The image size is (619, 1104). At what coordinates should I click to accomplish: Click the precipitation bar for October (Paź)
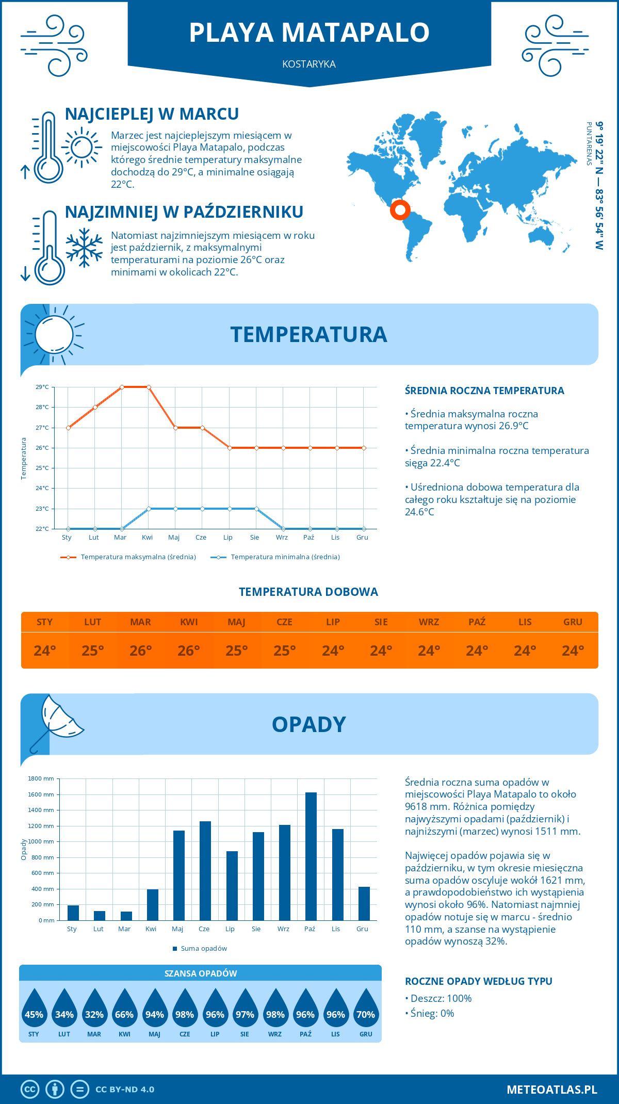(x=311, y=856)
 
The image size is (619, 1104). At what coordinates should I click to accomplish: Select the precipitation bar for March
(x=126, y=916)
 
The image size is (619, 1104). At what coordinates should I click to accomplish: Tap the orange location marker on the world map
(x=400, y=210)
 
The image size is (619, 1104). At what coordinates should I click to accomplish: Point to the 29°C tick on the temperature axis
(x=42, y=387)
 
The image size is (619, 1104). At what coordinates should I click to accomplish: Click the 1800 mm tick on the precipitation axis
(x=42, y=778)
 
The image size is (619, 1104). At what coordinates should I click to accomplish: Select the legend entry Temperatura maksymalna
(x=128, y=557)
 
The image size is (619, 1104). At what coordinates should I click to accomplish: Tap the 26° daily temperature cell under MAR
(x=141, y=651)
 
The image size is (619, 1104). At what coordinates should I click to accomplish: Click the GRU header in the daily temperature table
(x=573, y=622)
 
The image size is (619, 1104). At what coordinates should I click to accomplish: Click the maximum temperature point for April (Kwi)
(x=149, y=387)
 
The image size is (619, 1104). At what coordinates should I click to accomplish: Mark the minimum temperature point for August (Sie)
(x=256, y=509)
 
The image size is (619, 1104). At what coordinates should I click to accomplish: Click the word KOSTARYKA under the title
(x=309, y=64)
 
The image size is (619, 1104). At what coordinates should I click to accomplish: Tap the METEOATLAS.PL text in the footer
(x=552, y=1090)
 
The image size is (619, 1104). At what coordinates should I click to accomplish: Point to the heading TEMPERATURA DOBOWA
(x=308, y=592)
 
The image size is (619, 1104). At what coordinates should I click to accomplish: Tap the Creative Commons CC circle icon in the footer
(x=30, y=1090)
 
